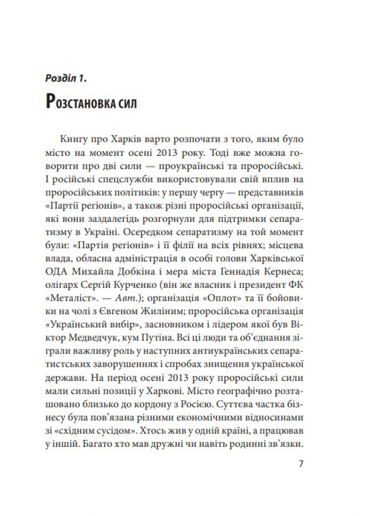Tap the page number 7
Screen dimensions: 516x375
[301, 463]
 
